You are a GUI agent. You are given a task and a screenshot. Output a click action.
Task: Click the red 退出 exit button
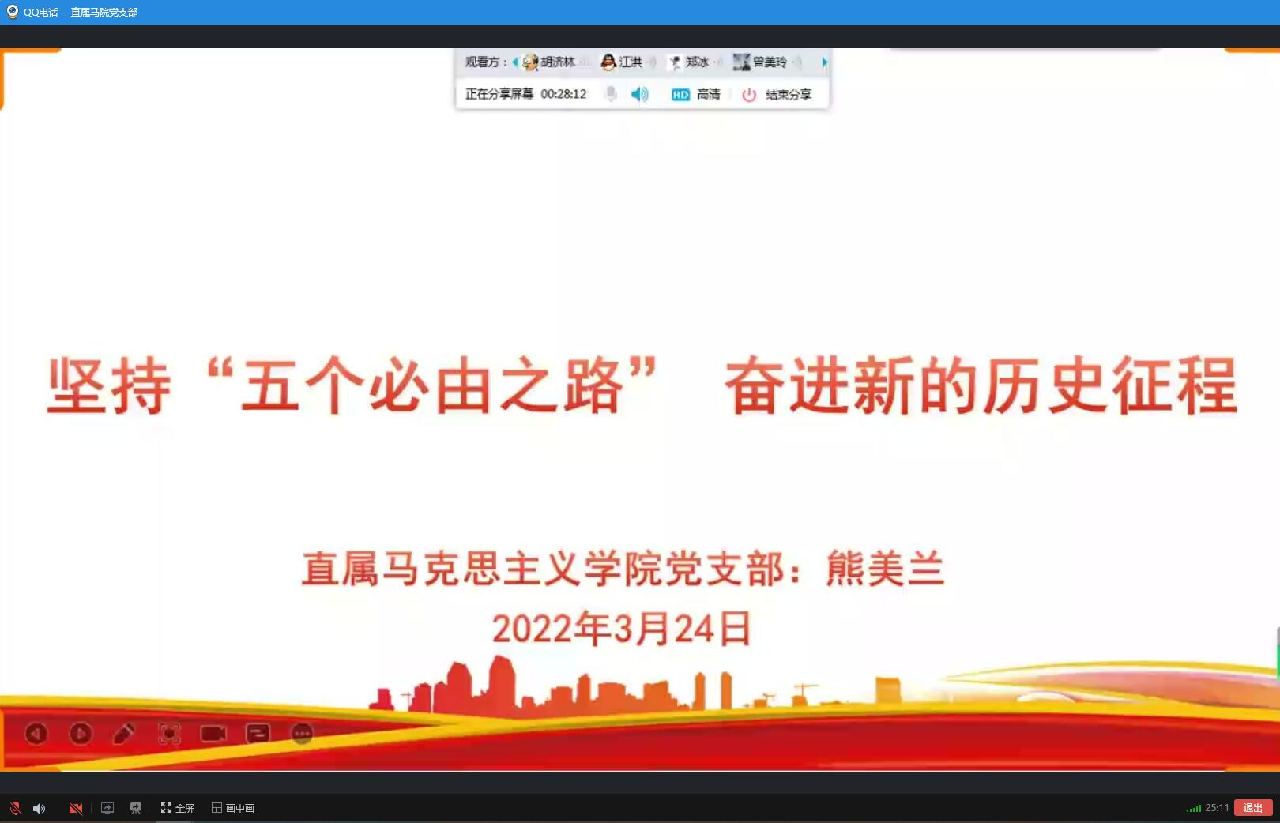click(x=1252, y=807)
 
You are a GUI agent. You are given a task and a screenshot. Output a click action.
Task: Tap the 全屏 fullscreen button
click(x=178, y=807)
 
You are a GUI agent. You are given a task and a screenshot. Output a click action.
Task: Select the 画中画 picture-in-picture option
click(x=233, y=807)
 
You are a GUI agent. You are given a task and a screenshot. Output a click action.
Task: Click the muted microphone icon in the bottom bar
click(x=16, y=807)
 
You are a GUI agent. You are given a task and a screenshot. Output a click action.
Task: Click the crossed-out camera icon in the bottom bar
click(x=75, y=807)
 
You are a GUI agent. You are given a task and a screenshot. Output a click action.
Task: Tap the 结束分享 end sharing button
click(x=777, y=94)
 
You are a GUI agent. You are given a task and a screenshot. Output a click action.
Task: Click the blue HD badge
click(x=680, y=94)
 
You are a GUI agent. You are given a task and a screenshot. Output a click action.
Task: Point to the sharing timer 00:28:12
click(x=563, y=94)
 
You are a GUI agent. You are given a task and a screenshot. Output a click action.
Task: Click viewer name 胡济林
click(x=558, y=62)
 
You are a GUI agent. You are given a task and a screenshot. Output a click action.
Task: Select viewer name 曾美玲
click(x=770, y=62)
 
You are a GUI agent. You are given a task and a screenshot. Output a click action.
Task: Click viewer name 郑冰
click(x=697, y=62)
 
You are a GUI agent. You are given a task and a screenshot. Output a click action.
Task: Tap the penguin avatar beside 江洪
click(x=608, y=62)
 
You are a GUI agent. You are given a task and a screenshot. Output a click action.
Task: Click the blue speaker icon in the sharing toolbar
click(x=639, y=94)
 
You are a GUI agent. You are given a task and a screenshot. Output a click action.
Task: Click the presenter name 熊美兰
click(x=885, y=568)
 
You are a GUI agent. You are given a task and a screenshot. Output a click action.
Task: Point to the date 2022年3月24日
click(x=622, y=628)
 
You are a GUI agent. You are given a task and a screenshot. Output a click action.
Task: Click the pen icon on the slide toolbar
click(x=124, y=733)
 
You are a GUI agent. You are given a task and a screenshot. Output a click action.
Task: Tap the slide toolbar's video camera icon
click(x=213, y=733)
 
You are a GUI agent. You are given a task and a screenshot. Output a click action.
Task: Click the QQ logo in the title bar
click(x=12, y=11)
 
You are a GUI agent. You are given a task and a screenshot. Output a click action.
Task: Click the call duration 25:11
click(x=1217, y=807)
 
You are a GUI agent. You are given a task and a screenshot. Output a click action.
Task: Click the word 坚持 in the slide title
click(x=109, y=385)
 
